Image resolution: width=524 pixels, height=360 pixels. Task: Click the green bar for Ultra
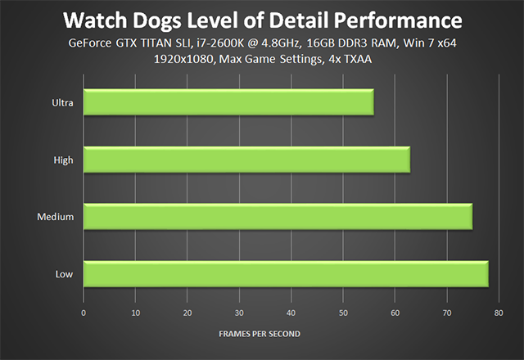[228, 103]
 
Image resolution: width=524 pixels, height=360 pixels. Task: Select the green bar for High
[246, 160]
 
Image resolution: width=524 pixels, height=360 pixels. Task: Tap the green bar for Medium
[278, 217]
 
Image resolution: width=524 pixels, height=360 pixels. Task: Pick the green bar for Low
[286, 274]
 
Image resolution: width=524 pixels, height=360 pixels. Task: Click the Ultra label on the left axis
[62, 103]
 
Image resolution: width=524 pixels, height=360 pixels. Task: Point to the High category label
[64, 160]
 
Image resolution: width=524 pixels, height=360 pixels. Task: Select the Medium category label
[56, 218]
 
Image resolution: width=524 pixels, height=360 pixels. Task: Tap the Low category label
[65, 275]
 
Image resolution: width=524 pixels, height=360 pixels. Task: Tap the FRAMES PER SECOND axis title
[259, 334]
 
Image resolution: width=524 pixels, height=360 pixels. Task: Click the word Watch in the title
[96, 20]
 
